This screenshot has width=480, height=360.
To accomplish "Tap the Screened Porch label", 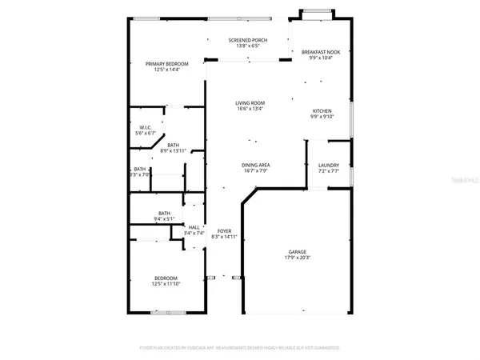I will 247,40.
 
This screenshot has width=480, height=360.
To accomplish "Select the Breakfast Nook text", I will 321,52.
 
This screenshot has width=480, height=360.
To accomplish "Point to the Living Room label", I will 250,103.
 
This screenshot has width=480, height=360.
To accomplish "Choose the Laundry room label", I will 329,165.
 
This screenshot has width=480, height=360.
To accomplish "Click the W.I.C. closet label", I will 146,127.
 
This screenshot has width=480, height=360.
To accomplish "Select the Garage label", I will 297,252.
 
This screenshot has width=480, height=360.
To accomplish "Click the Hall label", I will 194,227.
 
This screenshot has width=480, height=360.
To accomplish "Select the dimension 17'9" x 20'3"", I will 297,258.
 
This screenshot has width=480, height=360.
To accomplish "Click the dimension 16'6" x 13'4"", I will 250,110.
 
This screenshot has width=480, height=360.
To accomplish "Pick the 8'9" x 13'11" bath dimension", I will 173,150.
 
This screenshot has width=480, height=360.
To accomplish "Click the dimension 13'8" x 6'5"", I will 247,46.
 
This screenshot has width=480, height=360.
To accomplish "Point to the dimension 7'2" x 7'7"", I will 329,171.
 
